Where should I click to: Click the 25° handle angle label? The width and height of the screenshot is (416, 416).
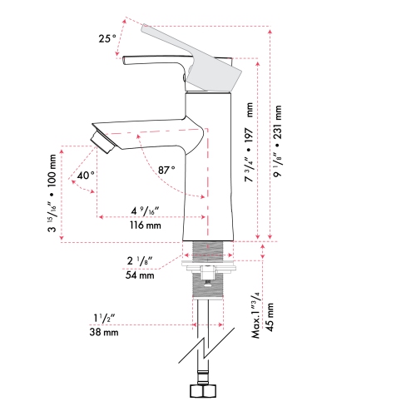pyautogui.click(x=107, y=38)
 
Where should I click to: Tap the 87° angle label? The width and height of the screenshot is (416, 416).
pyautogui.click(x=166, y=170)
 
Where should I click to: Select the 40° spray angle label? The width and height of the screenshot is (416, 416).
pyautogui.click(x=86, y=176)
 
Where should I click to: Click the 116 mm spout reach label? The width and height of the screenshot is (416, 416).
pyautogui.click(x=146, y=225)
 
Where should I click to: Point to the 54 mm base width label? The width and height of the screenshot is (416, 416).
pyautogui.click(x=140, y=275)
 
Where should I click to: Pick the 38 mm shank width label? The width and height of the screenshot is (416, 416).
pyautogui.click(x=104, y=332)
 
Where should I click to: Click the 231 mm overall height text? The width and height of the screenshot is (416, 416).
pyautogui.click(x=277, y=122)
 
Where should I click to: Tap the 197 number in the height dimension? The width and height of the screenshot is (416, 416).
pyautogui.click(x=249, y=135)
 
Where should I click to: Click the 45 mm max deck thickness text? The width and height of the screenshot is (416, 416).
pyautogui.click(x=270, y=317)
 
